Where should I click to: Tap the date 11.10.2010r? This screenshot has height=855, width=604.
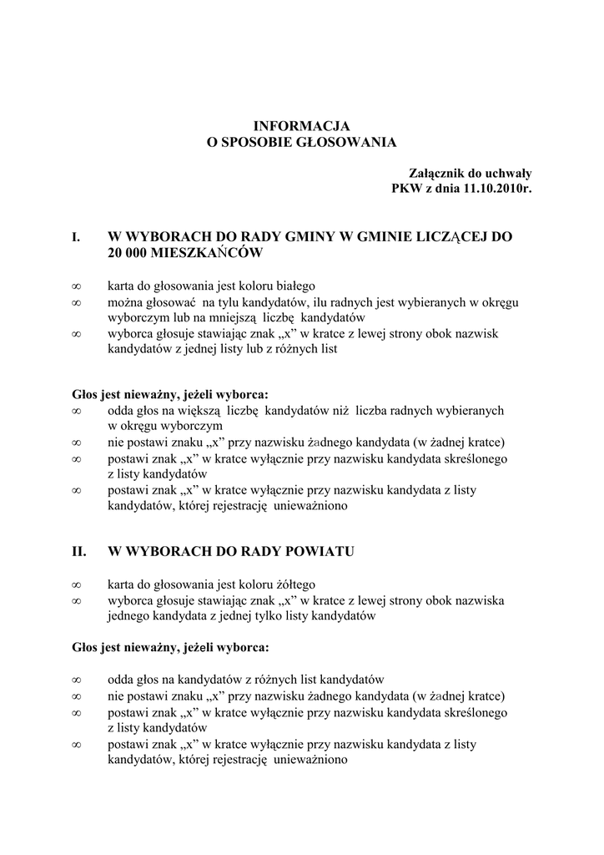point(498,189)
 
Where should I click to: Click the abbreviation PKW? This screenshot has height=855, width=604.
point(407,189)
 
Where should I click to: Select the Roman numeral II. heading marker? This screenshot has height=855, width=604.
point(80,551)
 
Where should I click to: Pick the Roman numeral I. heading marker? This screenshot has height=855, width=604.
point(76,237)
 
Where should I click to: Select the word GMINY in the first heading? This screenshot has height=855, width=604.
point(305,237)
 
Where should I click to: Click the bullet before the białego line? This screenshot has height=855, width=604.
point(76,286)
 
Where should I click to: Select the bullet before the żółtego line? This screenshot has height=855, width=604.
point(76,584)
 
